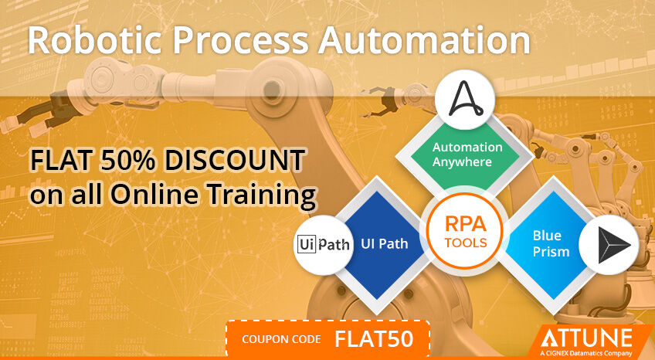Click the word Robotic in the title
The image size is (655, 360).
(94, 40)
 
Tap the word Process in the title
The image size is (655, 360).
(240, 40)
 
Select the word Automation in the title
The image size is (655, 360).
(424, 40)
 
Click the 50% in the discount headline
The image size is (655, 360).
(127, 161)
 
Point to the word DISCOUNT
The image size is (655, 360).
(234, 161)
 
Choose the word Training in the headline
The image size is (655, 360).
(262, 195)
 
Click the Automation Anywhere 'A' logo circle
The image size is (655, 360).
(465, 100)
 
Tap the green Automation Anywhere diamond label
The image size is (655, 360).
(467, 154)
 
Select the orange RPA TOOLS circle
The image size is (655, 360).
(465, 230)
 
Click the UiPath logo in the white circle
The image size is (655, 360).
(324, 244)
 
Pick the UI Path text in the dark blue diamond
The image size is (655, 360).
(385, 243)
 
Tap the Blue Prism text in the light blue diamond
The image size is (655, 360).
(551, 243)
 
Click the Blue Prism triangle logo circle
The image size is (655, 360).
(609, 245)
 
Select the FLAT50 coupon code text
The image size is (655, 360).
(374, 339)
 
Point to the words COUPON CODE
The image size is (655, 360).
(282, 339)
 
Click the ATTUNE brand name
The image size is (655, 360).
(586, 338)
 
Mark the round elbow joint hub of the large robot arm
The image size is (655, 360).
(273, 90)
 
